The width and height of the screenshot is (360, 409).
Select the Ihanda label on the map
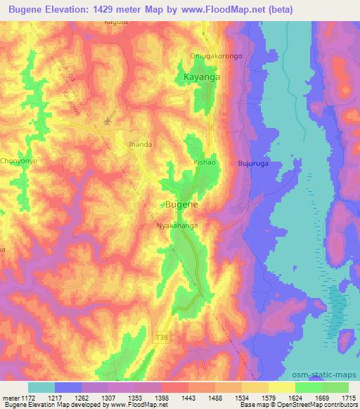point(140,144)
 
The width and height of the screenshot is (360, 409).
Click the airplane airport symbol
point(108,121)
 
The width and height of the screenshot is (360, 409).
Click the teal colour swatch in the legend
point(41,387)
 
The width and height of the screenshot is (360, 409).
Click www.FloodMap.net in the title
point(219,8)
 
